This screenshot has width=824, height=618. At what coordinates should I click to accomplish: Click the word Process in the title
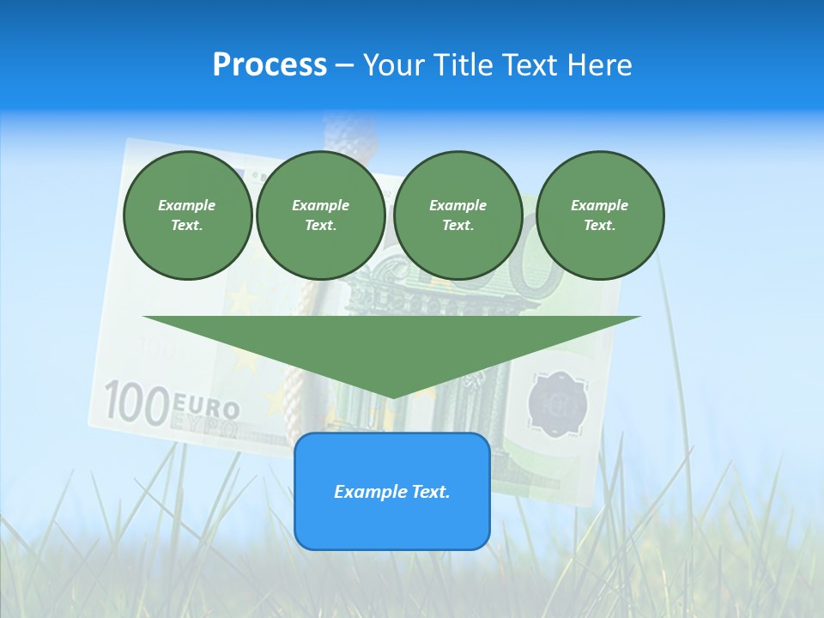[270, 65]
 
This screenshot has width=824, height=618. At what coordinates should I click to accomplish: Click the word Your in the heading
[393, 65]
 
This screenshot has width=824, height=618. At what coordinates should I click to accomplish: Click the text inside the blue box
[392, 492]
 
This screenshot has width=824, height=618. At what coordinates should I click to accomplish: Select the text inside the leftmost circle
[187, 215]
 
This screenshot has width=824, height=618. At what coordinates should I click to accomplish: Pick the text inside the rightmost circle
[599, 215]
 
